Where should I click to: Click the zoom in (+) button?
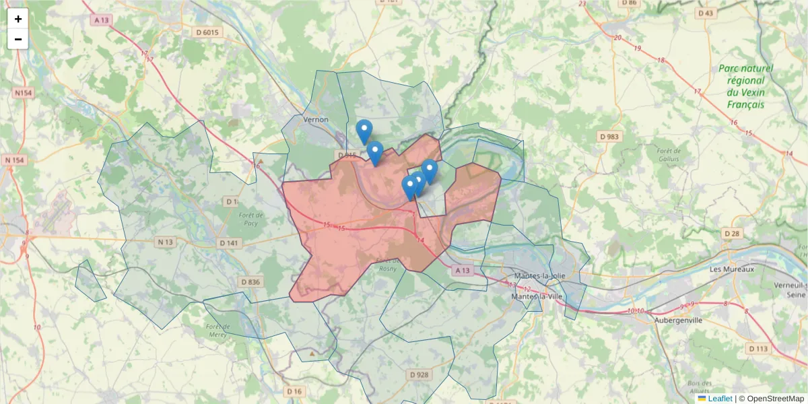tap(18, 19)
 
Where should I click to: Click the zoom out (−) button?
tap(18, 39)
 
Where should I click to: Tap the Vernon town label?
tap(316, 120)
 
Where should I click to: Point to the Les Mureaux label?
tap(732, 269)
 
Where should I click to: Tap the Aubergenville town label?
tap(678, 321)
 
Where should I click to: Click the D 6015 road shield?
tap(207, 32)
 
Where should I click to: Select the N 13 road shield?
tap(164, 242)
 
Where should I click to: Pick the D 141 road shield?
tap(228, 243)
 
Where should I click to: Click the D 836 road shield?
tap(250, 282)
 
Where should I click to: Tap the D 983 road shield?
tap(608, 137)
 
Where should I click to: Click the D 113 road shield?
tap(757, 348)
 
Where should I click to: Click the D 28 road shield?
tap(732, 233)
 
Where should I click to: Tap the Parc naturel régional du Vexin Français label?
tap(745, 86)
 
